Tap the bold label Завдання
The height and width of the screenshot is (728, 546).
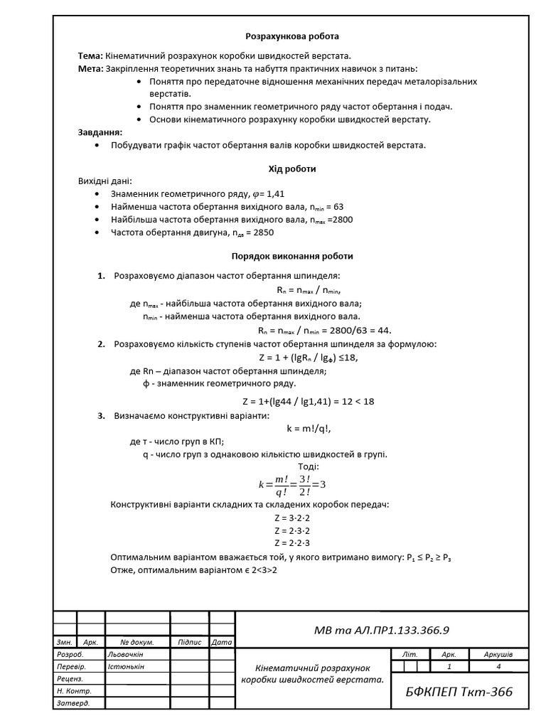(x=100, y=132)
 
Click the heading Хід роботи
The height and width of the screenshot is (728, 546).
(x=292, y=169)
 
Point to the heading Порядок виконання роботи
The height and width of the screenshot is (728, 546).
(x=292, y=256)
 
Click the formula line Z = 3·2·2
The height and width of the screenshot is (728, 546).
(x=292, y=518)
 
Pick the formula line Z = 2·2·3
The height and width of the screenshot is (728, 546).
(x=292, y=543)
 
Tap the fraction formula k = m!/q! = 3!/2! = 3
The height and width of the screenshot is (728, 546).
(x=292, y=485)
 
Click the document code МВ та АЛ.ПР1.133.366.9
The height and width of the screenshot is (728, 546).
(x=382, y=630)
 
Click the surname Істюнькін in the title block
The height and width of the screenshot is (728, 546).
(x=125, y=667)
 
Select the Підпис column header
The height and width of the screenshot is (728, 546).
(x=190, y=642)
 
